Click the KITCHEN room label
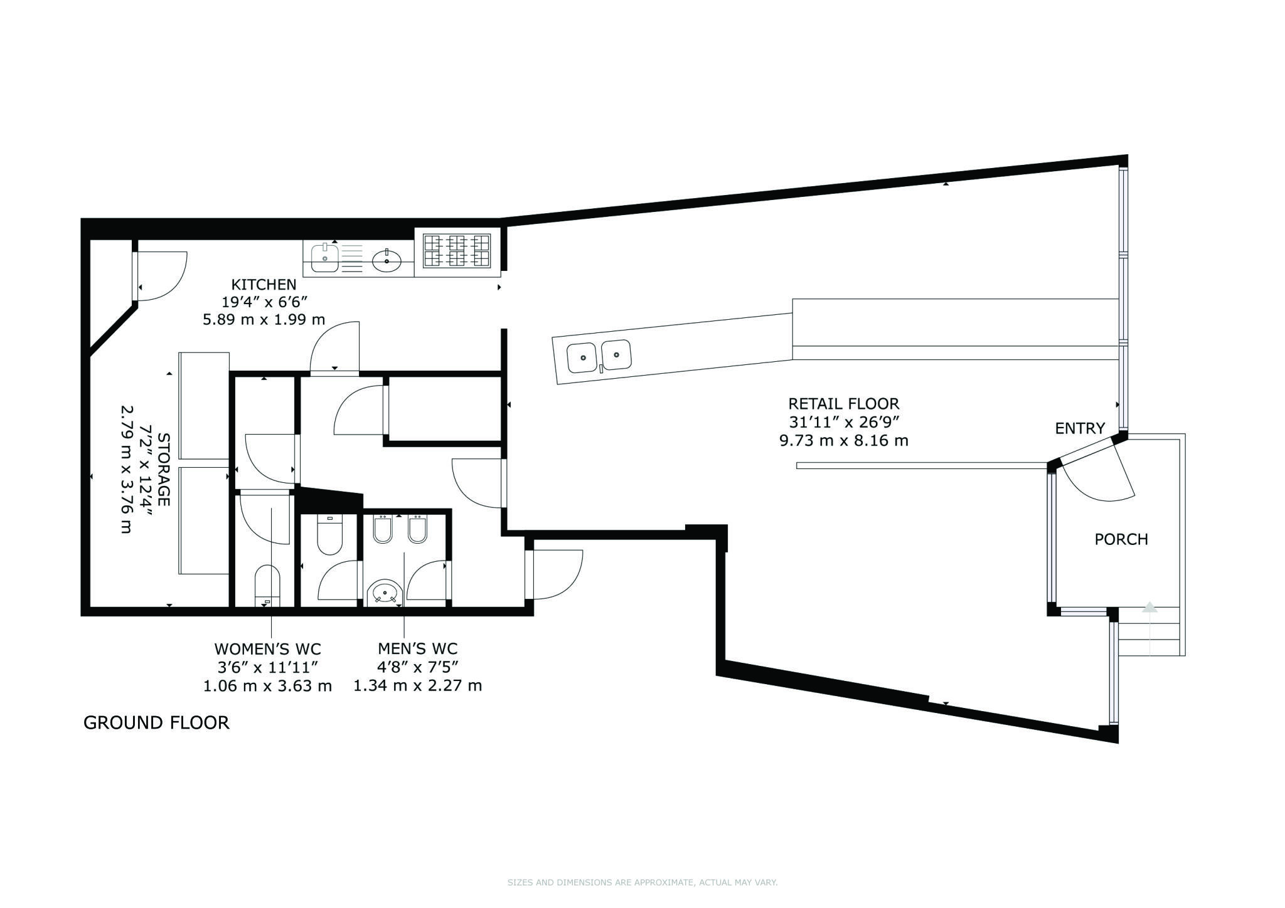[264, 284]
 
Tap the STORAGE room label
[163, 469]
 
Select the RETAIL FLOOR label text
[843, 404]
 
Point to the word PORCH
[1121, 539]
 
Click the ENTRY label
[1079, 428]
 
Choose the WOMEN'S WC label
[267, 648]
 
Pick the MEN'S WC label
[417, 648]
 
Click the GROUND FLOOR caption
[156, 722]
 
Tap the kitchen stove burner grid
[456, 251]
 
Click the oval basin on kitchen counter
[387, 260]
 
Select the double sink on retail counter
[599, 356]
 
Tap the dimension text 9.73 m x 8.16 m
[843, 440]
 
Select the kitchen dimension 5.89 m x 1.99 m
[264, 319]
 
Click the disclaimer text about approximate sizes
[642, 882]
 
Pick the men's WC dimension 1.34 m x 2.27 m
[417, 685]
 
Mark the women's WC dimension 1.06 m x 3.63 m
[267, 685]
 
